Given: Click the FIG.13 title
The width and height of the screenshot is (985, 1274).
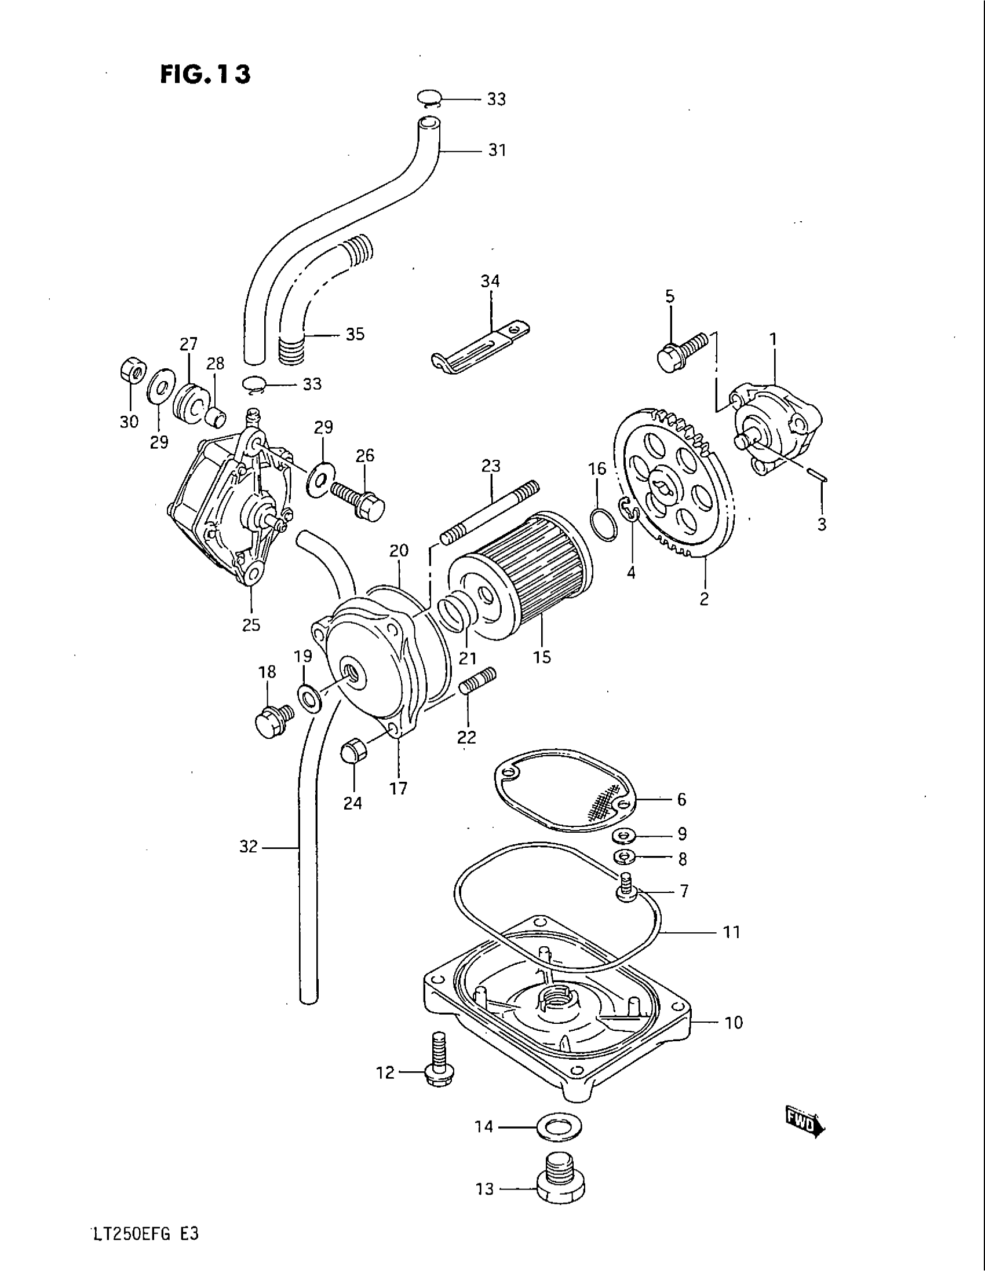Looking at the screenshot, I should pos(206,74).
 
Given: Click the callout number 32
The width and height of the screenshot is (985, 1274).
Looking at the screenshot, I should pos(248,847).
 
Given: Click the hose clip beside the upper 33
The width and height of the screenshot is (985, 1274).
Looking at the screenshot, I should pos(430,99).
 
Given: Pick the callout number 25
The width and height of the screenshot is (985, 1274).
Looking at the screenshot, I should pos(251,625).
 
